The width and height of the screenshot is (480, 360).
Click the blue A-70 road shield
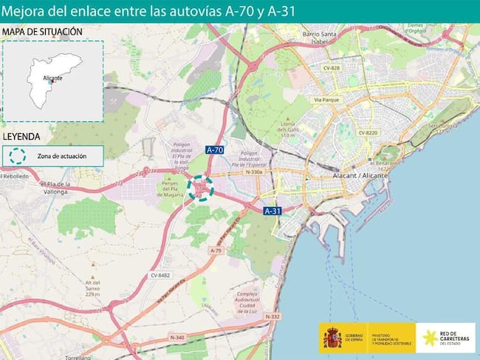coord(215,150)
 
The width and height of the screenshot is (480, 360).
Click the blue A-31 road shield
coord(272,211)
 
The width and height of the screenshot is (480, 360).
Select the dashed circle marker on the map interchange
coord(200,188)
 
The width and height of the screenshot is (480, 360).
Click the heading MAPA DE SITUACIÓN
coord(42,32)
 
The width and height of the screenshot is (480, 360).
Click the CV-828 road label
coord(330,68)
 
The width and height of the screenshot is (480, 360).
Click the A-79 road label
coord(216,251)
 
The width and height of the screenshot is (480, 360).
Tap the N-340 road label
coord(176,338)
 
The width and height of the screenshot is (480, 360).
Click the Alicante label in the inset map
coord(51,77)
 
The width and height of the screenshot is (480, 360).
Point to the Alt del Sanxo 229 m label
coord(92,288)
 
